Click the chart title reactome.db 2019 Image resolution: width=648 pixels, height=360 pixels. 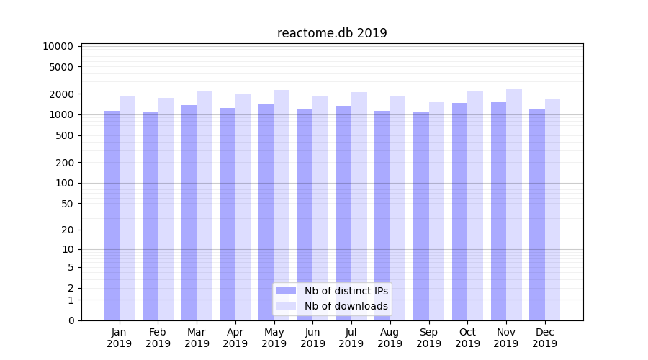pyautogui.click(x=332, y=33)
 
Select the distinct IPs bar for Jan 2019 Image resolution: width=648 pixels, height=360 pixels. pyautogui.click(x=112, y=216)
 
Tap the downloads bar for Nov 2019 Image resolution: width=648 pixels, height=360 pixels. pyautogui.click(x=514, y=204)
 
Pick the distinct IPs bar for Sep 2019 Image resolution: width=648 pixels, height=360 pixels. pyautogui.click(x=421, y=216)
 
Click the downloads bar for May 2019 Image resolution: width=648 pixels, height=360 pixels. pyautogui.click(x=282, y=205)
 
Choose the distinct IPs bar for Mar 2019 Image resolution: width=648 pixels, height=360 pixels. pyautogui.click(x=189, y=212)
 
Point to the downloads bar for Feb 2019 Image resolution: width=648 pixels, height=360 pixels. pyautogui.click(x=166, y=209)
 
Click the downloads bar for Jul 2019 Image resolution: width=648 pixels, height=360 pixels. pyautogui.click(x=359, y=206)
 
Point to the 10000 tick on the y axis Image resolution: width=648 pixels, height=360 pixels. pyautogui.click(x=58, y=46)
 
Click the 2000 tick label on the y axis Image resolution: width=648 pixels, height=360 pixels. pyautogui.click(x=61, y=94)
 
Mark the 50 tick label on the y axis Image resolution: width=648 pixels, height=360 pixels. pyautogui.click(x=67, y=204)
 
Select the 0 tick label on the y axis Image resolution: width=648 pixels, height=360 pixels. pyautogui.click(x=71, y=320)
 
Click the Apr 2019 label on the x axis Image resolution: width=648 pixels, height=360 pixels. pyautogui.click(x=235, y=338)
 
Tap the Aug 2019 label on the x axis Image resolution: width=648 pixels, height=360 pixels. pyautogui.click(x=390, y=338)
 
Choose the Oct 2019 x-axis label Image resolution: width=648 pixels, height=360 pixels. pyautogui.click(x=467, y=338)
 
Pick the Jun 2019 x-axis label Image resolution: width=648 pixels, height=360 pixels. pyautogui.click(x=312, y=338)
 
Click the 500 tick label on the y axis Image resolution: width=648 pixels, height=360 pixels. pyautogui.click(x=64, y=135)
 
